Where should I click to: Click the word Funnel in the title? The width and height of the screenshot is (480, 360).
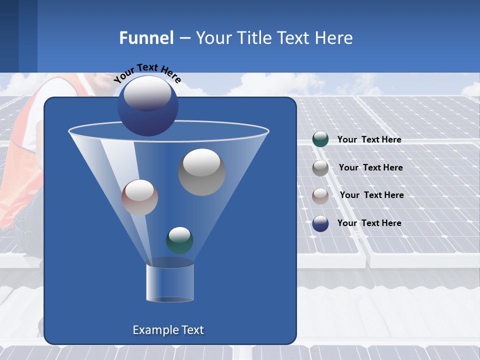click(x=146, y=38)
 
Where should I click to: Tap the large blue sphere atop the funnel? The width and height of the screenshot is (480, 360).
click(x=147, y=105)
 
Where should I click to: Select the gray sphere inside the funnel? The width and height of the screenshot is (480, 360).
click(x=201, y=172)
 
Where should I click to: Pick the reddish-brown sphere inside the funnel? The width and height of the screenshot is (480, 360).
click(x=139, y=197)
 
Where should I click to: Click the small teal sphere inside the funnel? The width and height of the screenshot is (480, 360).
click(x=179, y=240)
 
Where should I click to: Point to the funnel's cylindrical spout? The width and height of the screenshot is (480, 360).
click(x=170, y=282)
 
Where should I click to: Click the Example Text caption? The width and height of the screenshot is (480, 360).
click(x=168, y=330)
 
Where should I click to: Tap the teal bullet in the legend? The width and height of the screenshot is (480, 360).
click(x=320, y=139)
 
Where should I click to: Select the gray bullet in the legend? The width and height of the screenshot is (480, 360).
click(x=320, y=167)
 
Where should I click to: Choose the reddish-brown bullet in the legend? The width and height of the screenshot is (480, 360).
click(x=320, y=195)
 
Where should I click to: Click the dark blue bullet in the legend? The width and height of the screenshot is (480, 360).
click(x=320, y=223)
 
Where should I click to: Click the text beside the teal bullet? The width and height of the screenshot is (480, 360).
click(x=369, y=139)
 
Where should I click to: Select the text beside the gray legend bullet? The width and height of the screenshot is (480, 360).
click(x=370, y=167)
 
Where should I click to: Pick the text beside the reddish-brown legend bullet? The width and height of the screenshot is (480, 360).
click(x=371, y=195)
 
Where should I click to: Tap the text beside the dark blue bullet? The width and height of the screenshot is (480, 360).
click(x=369, y=223)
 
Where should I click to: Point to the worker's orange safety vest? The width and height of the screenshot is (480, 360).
click(x=20, y=165)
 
